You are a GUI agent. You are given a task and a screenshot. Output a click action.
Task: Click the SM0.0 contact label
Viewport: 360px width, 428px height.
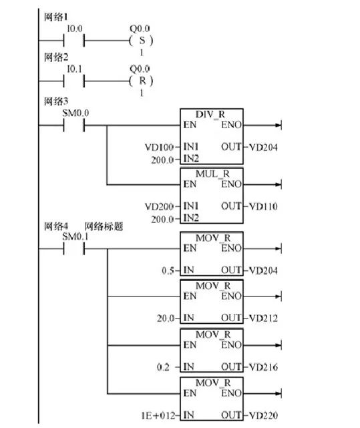tap(75, 114)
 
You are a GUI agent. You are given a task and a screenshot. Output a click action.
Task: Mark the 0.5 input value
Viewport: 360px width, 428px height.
tap(170, 270)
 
